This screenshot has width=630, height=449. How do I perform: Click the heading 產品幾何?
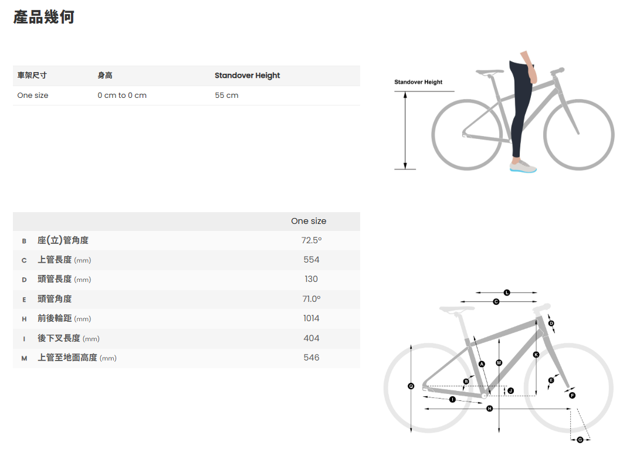click(44, 17)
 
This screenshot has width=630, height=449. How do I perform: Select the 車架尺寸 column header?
click(32, 76)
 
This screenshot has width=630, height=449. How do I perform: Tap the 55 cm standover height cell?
click(226, 96)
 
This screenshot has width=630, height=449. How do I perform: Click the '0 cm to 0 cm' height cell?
click(122, 96)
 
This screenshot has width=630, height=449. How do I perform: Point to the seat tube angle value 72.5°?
click(311, 240)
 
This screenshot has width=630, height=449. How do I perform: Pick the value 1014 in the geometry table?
click(311, 318)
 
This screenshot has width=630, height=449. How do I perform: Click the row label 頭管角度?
click(55, 299)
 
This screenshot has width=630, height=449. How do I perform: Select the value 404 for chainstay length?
click(311, 338)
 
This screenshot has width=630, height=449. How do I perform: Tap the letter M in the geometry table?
click(24, 358)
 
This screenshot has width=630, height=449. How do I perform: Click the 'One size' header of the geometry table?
click(309, 222)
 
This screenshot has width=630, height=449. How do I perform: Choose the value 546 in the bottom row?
click(311, 358)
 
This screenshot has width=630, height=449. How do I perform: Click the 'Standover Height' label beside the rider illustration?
click(418, 82)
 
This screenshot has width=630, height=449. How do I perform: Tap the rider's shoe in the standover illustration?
click(523, 166)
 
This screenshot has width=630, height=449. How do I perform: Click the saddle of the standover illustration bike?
click(490, 72)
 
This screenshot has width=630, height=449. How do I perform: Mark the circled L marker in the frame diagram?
click(507, 292)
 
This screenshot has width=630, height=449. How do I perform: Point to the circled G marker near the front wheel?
click(580, 440)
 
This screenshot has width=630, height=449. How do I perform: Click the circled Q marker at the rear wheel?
click(411, 386)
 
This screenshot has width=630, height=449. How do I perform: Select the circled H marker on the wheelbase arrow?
click(489, 409)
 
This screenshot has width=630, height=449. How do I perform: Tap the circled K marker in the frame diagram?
click(536, 355)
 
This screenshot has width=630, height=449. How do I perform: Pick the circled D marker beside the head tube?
click(551, 324)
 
